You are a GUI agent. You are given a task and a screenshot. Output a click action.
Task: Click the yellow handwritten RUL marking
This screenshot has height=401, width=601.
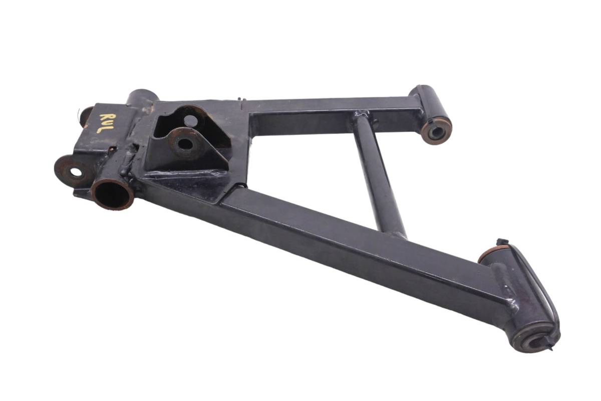(x=107, y=123)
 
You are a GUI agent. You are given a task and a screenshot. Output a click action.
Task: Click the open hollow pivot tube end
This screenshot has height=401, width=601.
(x=113, y=194)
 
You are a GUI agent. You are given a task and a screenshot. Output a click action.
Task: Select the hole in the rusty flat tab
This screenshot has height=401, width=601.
(x=76, y=172)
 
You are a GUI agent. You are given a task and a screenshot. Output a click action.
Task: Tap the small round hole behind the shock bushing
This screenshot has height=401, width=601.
(x=191, y=121)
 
